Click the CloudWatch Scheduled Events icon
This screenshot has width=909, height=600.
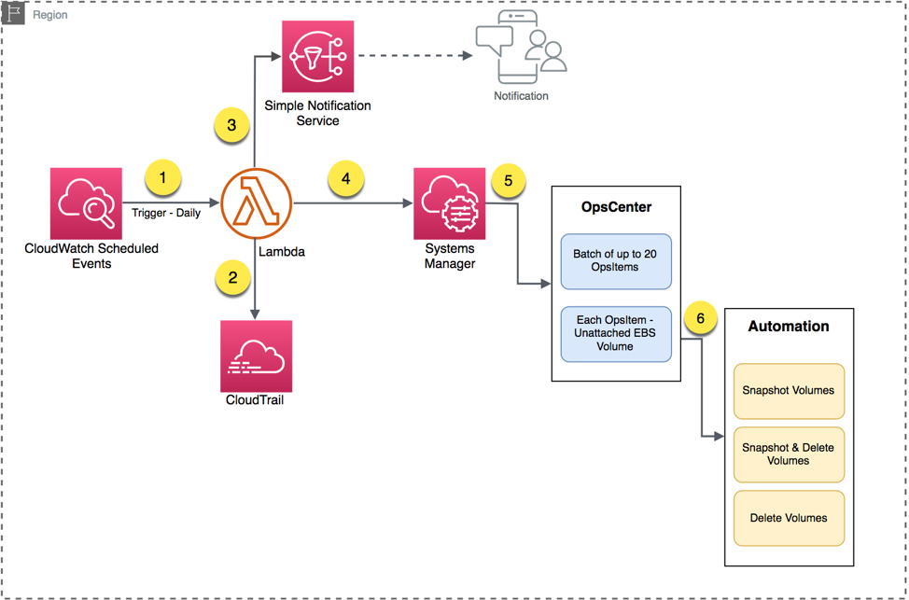pyautogui.click(x=86, y=203)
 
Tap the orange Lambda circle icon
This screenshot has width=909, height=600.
pyautogui.click(x=257, y=202)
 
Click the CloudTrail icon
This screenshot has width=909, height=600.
pyautogui.click(x=256, y=356)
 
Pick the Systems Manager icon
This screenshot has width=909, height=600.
pyautogui.click(x=450, y=203)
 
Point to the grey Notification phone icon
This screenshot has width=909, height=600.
pyautogui.click(x=521, y=54)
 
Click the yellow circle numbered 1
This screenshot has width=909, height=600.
pyautogui.click(x=163, y=176)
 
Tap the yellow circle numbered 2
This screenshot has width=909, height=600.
pyautogui.click(x=231, y=277)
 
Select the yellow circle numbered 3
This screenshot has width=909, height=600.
pyautogui.click(x=231, y=124)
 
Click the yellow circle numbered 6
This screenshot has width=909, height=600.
pyautogui.click(x=700, y=317)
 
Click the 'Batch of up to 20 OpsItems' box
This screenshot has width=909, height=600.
pyautogui.click(x=616, y=261)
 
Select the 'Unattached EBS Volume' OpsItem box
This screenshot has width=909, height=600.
pyautogui.click(x=616, y=333)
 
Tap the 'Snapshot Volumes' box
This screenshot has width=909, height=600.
pyautogui.click(x=789, y=390)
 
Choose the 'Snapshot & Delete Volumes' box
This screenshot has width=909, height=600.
pyautogui.click(x=789, y=453)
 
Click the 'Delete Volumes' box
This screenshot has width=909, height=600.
pyautogui.click(x=789, y=518)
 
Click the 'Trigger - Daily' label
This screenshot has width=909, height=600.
pyautogui.click(x=166, y=214)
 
